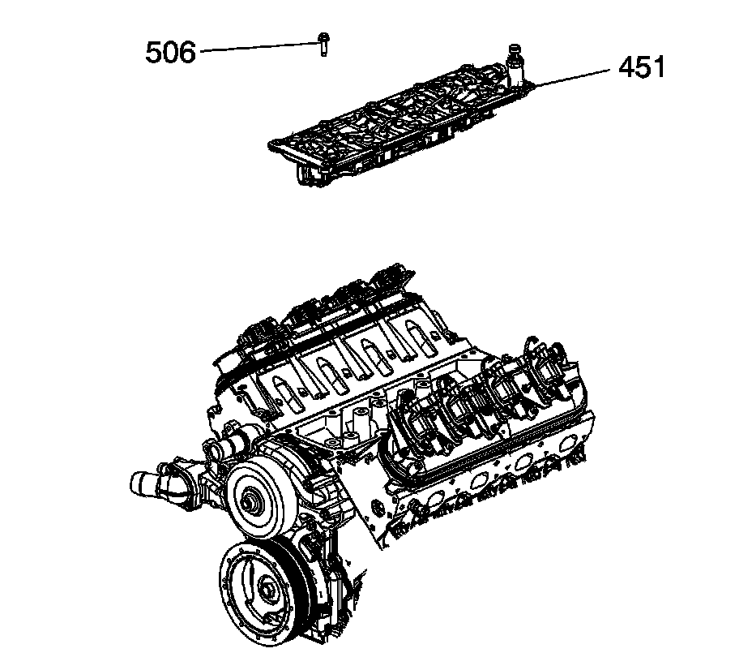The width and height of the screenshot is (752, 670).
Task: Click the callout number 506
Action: pyautogui.click(x=170, y=53)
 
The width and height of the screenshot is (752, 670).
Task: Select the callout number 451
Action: pyautogui.click(x=642, y=67)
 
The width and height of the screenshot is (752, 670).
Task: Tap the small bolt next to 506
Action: pyautogui.click(x=323, y=47)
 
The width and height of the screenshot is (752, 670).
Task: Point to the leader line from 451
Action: pyautogui.click(x=571, y=76)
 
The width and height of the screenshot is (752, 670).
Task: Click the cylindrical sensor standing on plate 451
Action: pyautogui.click(x=513, y=62)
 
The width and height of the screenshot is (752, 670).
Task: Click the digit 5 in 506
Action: pyautogui.click(x=154, y=53)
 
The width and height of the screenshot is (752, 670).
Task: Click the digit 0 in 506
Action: pyautogui.click(x=170, y=53)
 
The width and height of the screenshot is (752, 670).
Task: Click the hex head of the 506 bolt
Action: pyautogui.click(x=323, y=37)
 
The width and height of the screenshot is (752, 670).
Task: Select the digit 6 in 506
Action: pyautogui.click(x=186, y=53)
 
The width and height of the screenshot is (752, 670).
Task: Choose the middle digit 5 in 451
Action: pyautogui.click(x=643, y=67)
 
